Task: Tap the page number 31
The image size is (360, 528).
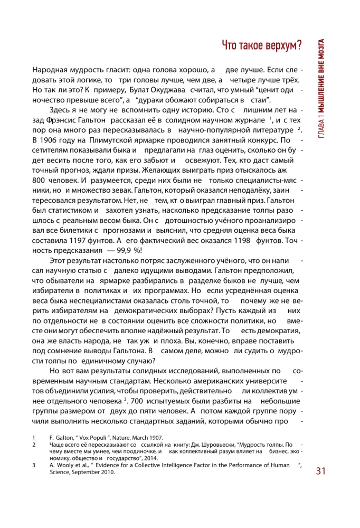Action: [x=323, y=471]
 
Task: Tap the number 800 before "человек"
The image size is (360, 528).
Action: [x=40, y=180]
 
